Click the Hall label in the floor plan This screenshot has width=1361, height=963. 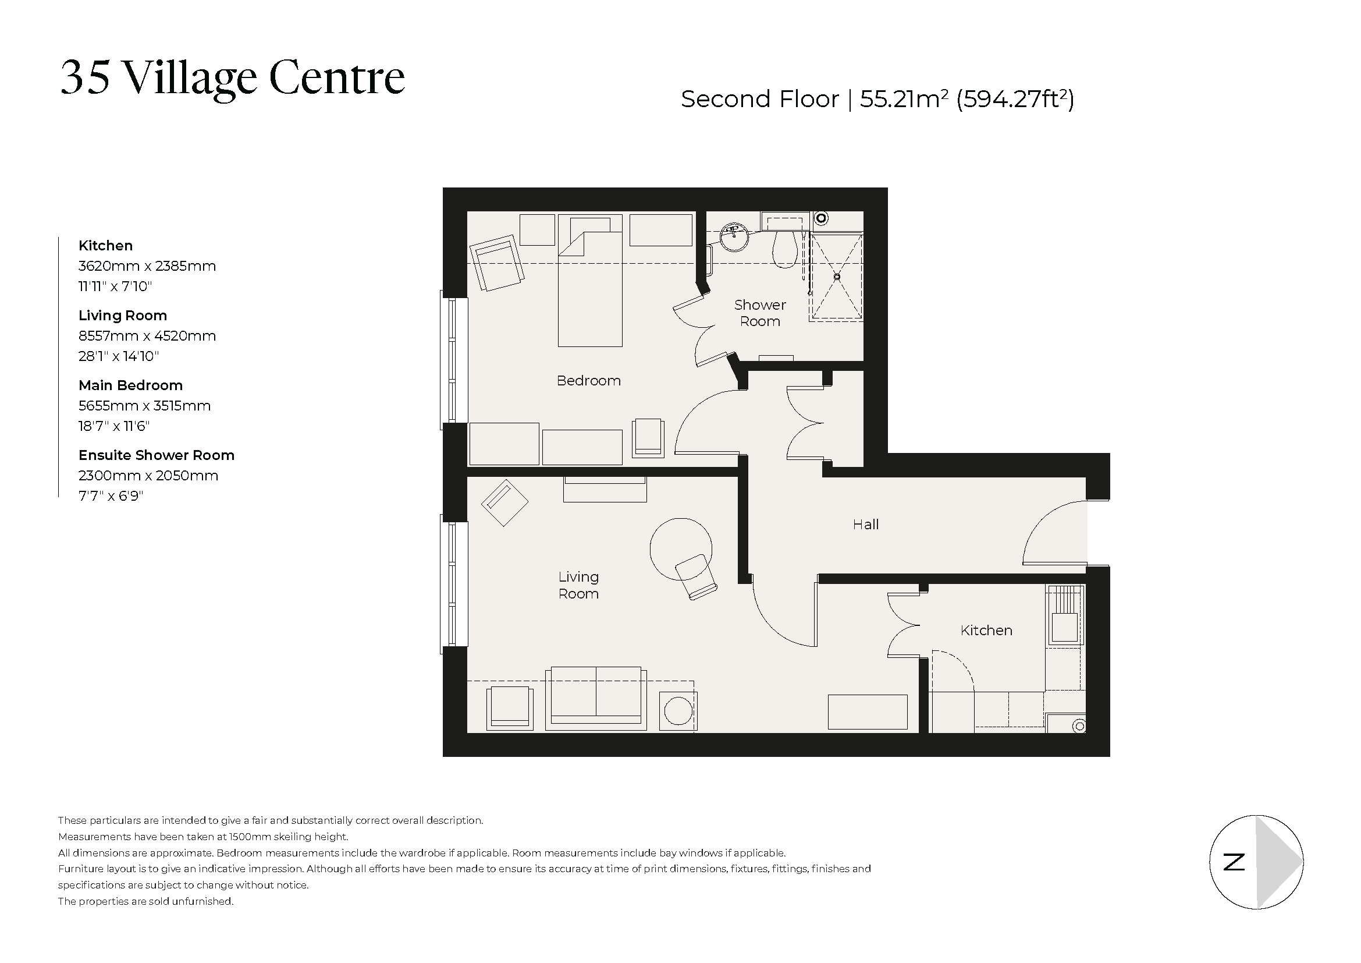click(x=865, y=524)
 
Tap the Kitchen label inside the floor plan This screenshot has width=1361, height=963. click(x=986, y=631)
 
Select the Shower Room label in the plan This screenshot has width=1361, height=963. click(x=759, y=313)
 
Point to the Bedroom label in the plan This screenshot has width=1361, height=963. click(x=588, y=381)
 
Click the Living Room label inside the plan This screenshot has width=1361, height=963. click(x=578, y=585)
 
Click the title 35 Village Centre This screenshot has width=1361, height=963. click(x=232, y=77)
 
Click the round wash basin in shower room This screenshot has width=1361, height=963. click(x=734, y=236)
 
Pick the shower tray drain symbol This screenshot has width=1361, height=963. click(x=837, y=277)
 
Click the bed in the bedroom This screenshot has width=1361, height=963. click(x=590, y=288)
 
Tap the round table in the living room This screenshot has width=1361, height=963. click(x=681, y=548)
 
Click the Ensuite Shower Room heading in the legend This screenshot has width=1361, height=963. click(x=157, y=455)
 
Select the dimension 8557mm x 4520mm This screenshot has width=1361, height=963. click(x=147, y=336)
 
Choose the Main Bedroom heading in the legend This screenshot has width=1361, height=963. click(x=130, y=385)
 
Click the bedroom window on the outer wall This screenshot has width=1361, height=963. click(x=453, y=360)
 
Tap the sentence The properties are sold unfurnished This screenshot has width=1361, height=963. click(x=146, y=901)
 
